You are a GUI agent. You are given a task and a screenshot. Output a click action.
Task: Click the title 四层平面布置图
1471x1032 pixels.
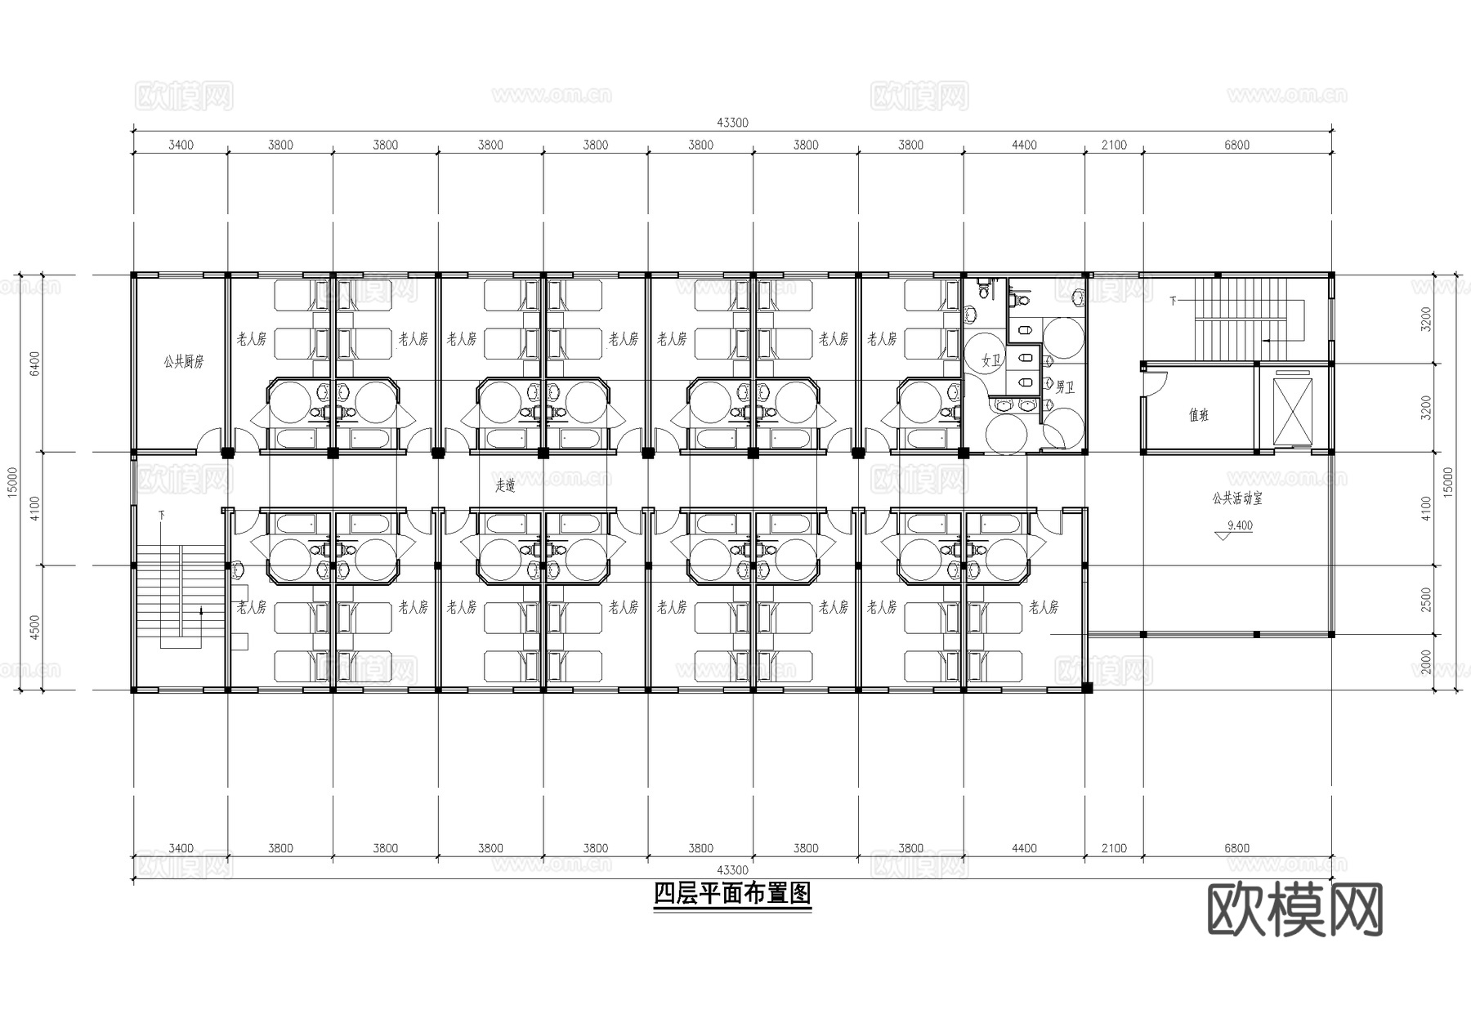click(732, 894)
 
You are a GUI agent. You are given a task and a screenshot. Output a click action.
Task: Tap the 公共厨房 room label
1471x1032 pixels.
click(182, 361)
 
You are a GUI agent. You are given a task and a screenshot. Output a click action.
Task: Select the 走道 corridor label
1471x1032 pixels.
click(505, 485)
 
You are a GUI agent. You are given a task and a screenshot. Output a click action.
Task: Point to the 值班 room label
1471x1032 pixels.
click(1198, 415)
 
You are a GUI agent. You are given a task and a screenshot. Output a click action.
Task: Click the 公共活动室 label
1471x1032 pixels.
click(1236, 498)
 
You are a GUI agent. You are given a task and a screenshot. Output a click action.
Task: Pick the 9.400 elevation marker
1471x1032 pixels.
click(1239, 525)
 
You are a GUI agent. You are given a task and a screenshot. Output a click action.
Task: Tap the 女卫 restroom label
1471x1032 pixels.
click(990, 360)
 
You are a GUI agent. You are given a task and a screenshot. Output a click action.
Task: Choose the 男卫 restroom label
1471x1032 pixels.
click(1064, 386)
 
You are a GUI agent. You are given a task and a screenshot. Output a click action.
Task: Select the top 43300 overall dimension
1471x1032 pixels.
click(732, 123)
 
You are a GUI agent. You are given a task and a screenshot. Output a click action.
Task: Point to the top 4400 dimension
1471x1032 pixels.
click(1024, 145)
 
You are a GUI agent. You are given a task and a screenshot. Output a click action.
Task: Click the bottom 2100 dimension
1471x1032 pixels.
click(1113, 848)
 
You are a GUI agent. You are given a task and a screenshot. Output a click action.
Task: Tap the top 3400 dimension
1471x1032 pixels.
click(181, 145)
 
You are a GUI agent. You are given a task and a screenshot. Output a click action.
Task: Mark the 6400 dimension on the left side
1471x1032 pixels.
click(34, 364)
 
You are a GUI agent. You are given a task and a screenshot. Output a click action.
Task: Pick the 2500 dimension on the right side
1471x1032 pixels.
click(1426, 599)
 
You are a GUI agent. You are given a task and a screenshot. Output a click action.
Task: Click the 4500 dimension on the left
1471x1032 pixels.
click(34, 628)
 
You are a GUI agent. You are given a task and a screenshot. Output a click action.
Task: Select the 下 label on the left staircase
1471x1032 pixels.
click(162, 515)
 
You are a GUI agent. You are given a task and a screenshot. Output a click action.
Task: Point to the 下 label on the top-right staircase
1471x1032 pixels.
click(1173, 302)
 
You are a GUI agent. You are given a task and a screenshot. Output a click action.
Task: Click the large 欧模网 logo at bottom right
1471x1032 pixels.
click(1294, 910)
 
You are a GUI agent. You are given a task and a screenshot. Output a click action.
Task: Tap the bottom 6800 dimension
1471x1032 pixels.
click(1236, 848)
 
